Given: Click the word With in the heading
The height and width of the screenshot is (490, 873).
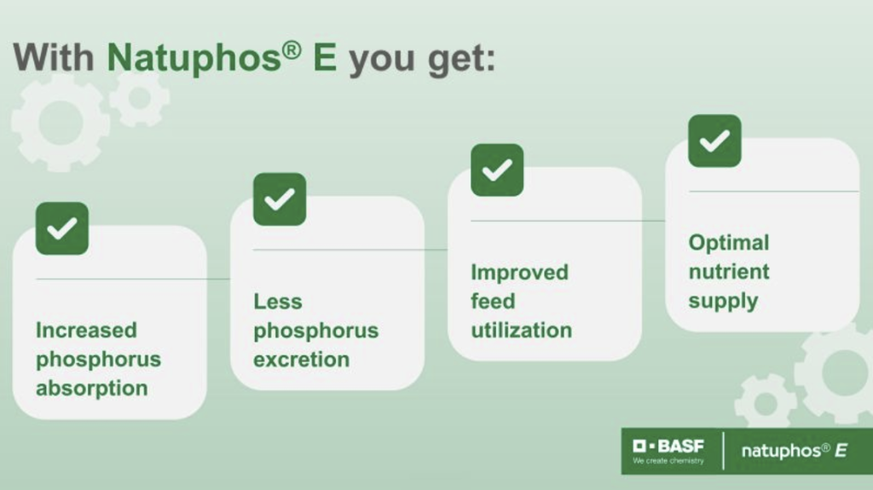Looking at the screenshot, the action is click(54, 57).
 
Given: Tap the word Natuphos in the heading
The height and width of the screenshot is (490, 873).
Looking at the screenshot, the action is click(194, 57).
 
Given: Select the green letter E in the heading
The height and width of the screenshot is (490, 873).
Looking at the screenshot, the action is click(325, 57).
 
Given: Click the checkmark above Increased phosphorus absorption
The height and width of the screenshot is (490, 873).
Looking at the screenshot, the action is click(61, 228).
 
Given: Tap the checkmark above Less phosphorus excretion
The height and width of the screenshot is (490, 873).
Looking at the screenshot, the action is click(280, 199).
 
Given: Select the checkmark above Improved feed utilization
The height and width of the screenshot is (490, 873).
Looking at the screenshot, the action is click(497, 170).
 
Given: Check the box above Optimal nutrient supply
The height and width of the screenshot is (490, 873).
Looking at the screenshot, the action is click(715, 141).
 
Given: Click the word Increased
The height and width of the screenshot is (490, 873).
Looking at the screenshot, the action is click(86, 330).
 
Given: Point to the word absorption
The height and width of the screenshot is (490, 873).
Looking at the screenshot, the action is click(92, 388).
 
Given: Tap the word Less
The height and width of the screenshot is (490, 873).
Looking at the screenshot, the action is click(278, 301).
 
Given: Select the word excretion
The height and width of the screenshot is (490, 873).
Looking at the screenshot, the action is click(301, 360).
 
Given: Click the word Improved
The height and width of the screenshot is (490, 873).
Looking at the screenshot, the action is click(519, 273).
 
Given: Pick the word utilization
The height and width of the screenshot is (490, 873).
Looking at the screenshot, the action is click(521, 330).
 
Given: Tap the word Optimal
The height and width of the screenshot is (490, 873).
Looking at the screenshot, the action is click(729, 243).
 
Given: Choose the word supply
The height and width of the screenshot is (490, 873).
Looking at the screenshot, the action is click(723, 301).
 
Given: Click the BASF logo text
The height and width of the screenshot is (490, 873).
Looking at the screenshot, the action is click(668, 446).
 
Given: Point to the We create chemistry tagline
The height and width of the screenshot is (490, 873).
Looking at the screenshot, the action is click(668, 461).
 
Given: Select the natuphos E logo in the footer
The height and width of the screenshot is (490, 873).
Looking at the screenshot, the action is click(795, 451).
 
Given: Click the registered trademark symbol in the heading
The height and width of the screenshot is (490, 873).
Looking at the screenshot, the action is click(292, 50).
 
